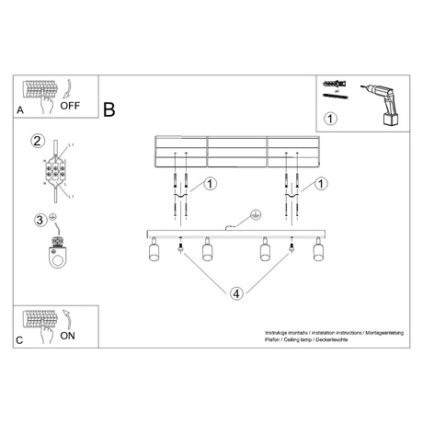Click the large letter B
pos(110,109)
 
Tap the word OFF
pos(72,105)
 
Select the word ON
pos(68,336)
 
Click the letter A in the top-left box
pos(21,109)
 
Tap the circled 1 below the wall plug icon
pos(331,118)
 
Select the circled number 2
pos(38,141)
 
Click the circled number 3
pos(39,220)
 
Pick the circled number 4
pos(236,293)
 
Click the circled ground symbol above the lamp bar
pos(255,214)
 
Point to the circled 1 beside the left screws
pos(211,184)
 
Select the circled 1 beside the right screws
pos(321,184)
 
